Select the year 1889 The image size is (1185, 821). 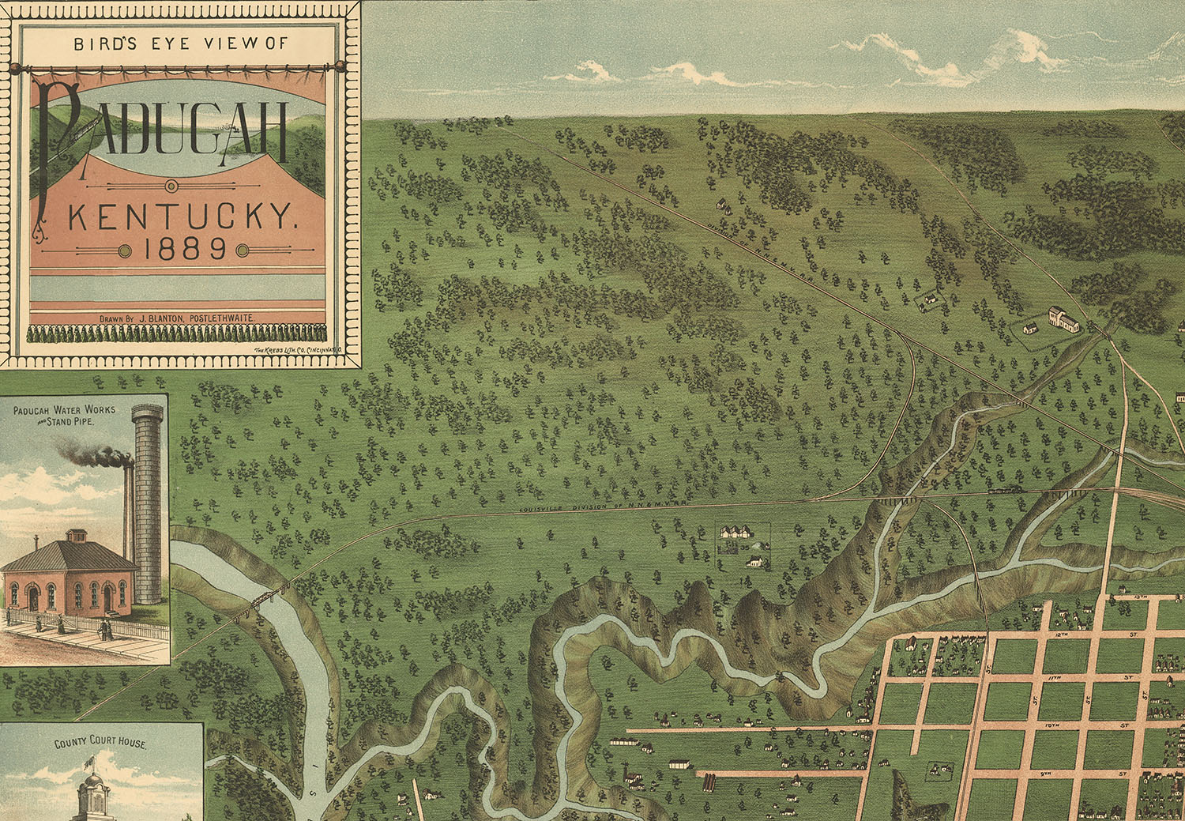click(186, 250)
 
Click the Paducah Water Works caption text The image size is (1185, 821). click(64, 415)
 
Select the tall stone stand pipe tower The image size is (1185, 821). click(149, 506)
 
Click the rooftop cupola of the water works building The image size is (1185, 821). click(77, 536)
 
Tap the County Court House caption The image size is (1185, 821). click(100, 744)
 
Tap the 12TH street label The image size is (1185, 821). click(1063, 635)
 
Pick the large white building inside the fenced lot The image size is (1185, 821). click(1063, 319)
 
